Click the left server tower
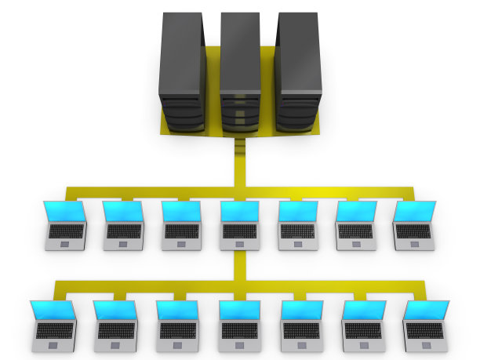[x=182, y=75]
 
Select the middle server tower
[x=240, y=75]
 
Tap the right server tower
[x=298, y=75]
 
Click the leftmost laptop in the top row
[x=65, y=225]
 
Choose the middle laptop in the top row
[x=240, y=226]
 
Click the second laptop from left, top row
[x=124, y=225]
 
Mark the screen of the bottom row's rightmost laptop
[x=427, y=310]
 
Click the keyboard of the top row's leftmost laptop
[x=66, y=231]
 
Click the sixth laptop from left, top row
[x=355, y=225]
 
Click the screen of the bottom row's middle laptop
[x=240, y=311]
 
